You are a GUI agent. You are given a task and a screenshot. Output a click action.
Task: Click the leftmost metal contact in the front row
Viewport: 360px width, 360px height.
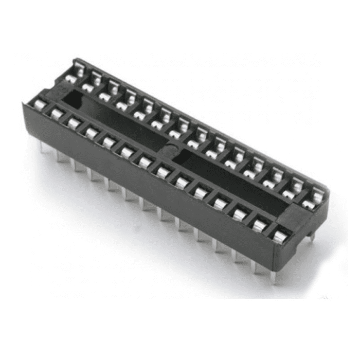coord(39,104)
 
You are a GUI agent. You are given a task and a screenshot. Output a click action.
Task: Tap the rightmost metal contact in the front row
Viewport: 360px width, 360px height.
coord(279,236)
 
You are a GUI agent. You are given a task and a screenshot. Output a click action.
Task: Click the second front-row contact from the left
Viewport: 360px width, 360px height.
coord(55,113)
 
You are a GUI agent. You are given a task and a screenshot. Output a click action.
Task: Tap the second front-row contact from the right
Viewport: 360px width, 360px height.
coord(260,224)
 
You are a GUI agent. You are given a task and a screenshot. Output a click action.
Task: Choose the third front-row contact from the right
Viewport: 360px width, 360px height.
coord(240,213)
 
